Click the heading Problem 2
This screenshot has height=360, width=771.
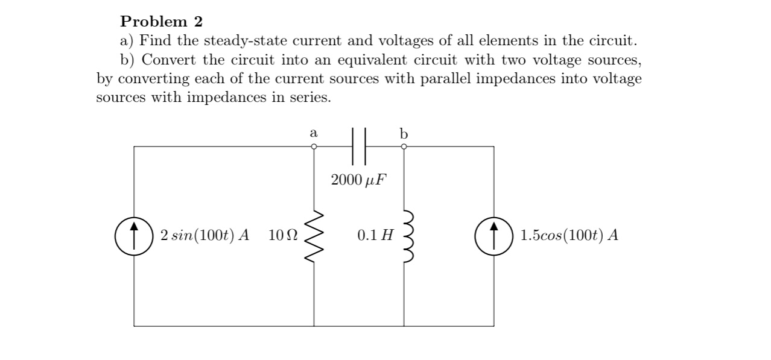point(162,22)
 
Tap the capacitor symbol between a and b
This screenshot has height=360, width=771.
point(358,146)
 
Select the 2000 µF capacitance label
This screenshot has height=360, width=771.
point(358,180)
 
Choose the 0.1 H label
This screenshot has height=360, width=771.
point(374,235)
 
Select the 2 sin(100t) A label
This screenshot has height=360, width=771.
point(205,235)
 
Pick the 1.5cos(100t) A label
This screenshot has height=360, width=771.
point(569,235)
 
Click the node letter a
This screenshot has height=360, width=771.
point(313,132)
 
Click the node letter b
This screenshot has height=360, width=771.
point(404,133)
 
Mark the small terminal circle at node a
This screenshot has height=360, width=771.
point(314,146)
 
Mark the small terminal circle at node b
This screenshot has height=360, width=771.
point(404,146)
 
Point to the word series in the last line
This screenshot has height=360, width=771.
point(310,98)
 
